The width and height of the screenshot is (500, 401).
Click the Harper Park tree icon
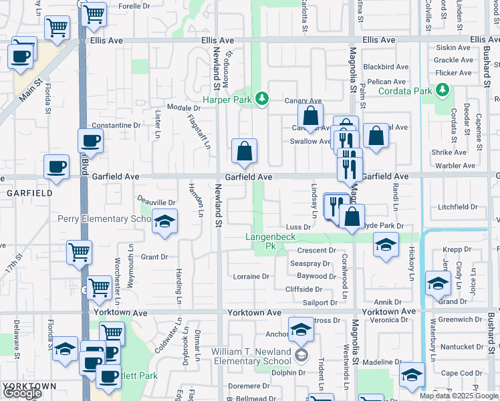coord(263,99)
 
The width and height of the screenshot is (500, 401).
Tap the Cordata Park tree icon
coord(441,90)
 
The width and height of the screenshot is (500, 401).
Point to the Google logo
coord(21,393)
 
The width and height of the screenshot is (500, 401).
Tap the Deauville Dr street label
coord(156,203)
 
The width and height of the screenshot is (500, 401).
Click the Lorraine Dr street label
coord(251,276)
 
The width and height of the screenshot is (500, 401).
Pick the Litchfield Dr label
coord(458,207)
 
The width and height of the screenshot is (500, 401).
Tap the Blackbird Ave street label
coord(386,67)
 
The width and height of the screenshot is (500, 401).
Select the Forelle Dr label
coord(134,6)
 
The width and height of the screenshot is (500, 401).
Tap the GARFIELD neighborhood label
coord(29,192)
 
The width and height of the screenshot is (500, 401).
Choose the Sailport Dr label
coord(320,303)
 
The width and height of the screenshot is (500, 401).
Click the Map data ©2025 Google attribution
coord(459,396)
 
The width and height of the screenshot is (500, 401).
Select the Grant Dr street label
coord(154,257)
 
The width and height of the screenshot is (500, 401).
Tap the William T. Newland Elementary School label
coord(251,356)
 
